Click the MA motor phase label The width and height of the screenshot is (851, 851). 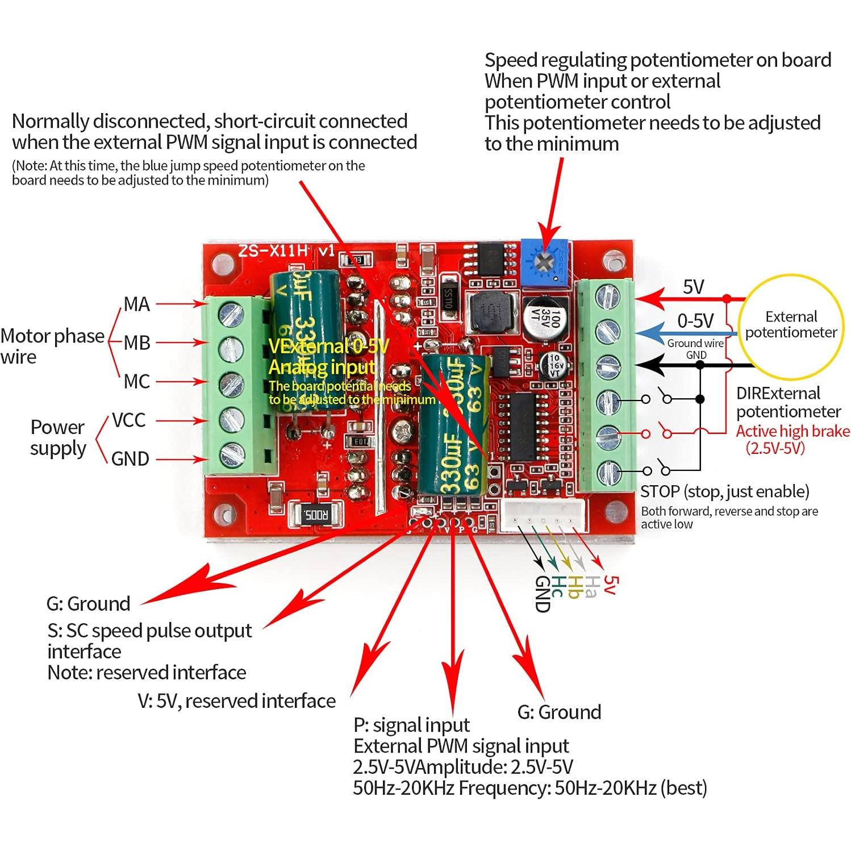tap(136, 304)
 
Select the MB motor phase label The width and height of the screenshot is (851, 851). tap(136, 343)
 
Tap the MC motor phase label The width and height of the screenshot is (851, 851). tap(136, 382)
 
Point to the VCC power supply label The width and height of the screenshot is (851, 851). tap(128, 420)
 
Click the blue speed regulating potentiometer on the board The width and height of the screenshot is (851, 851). tap(544, 262)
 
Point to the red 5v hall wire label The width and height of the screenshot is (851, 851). tap(609, 585)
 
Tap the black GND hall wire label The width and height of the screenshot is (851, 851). tap(542, 594)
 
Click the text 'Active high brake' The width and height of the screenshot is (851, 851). tap(792, 431)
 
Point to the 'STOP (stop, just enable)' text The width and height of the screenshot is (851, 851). tap(724, 491)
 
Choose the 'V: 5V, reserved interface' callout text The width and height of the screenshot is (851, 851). tap(236, 701)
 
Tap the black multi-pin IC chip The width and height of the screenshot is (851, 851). tap(523, 426)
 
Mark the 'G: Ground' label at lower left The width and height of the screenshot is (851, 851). tap(89, 603)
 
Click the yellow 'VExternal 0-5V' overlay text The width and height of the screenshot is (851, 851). tap(328, 346)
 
